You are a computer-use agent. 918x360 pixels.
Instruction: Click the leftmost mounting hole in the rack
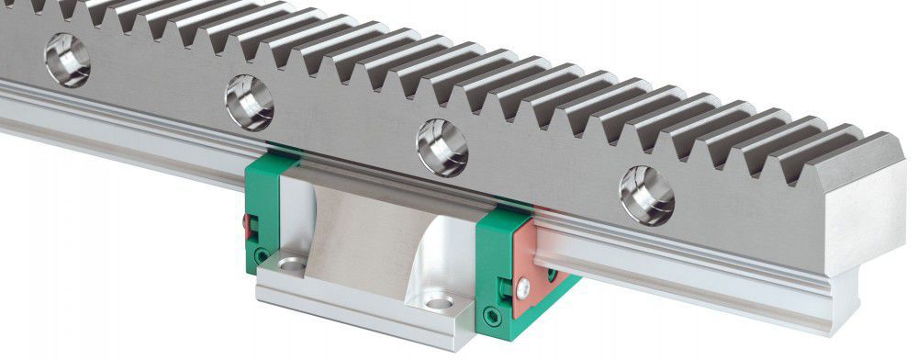pos(67,59)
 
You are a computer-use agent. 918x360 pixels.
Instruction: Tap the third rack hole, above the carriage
pos(442,146)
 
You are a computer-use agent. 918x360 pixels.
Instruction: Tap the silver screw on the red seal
pos(521,289)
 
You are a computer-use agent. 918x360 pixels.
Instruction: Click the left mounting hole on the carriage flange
pos(291,265)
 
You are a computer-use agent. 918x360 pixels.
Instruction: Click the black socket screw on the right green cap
pos(496,317)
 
